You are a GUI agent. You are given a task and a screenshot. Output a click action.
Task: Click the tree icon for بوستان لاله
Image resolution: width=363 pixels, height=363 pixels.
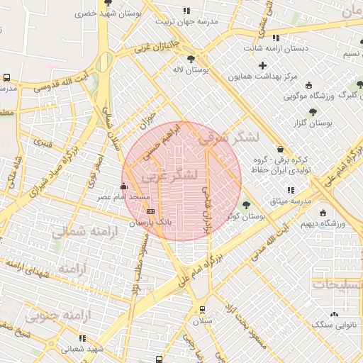click(191, 59)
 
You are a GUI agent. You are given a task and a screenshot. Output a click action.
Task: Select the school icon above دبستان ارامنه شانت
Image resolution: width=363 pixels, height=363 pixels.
click(276, 38)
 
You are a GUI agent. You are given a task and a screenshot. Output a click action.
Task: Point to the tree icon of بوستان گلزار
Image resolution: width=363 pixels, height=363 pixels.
click(313, 112)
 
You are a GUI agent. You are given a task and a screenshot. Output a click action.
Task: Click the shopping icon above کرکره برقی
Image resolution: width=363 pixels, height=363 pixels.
click(282, 150)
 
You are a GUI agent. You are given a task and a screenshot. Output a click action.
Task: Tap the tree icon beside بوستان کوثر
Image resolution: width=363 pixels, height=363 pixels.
click(246, 205)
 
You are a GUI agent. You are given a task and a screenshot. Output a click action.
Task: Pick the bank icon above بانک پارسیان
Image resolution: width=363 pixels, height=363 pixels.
click(150, 211)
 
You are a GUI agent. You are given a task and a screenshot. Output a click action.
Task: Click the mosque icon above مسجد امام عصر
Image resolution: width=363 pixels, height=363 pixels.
click(125, 186)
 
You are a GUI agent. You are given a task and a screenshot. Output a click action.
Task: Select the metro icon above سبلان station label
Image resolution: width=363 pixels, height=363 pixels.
click(202, 309)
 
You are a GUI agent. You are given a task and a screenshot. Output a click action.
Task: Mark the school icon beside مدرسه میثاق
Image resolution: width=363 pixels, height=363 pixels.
click(291, 190)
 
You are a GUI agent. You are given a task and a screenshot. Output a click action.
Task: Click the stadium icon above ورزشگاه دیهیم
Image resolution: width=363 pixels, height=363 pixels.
click(323, 213)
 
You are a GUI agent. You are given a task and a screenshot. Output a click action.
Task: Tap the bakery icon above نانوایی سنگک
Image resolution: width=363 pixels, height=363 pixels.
click(334, 314)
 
